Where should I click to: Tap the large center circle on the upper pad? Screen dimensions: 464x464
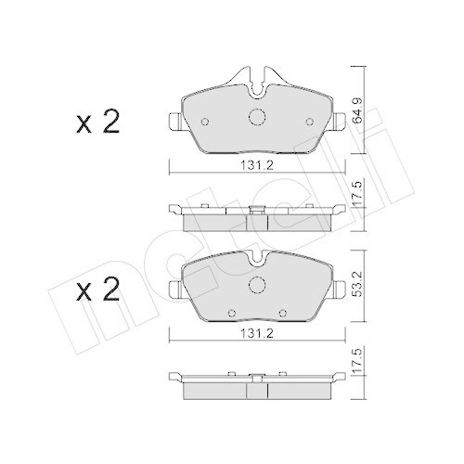(257, 118)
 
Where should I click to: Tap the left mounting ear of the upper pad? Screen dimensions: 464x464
(174, 120)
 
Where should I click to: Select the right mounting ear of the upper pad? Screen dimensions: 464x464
(339, 120)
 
